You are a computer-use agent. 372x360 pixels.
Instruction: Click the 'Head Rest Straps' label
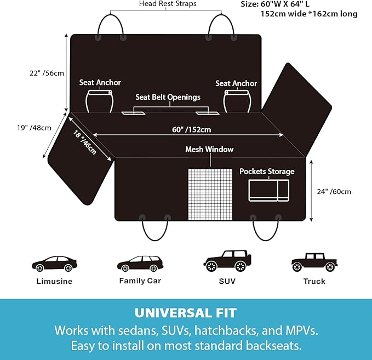(x=168, y=4)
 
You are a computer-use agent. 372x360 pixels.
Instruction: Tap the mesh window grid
(x=210, y=195)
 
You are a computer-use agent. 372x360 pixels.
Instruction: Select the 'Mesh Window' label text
(x=209, y=149)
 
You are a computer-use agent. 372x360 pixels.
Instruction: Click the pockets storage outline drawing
(x=269, y=190)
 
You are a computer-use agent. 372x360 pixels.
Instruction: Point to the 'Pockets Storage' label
(x=267, y=172)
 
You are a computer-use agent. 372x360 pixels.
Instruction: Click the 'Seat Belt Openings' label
(x=168, y=97)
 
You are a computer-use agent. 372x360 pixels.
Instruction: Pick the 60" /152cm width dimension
(x=191, y=129)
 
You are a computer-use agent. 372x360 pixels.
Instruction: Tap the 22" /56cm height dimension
(x=47, y=73)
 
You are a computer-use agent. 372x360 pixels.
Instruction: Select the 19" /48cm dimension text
(x=34, y=128)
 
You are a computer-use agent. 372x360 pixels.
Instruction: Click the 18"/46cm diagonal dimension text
(x=85, y=142)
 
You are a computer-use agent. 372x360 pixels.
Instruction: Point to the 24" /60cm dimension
(x=334, y=192)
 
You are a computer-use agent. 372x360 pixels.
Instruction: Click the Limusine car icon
(x=55, y=264)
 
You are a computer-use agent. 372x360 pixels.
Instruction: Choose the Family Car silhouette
(x=140, y=264)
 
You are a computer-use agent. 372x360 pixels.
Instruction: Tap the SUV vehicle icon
(x=227, y=261)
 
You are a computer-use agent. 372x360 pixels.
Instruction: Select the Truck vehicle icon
(x=314, y=262)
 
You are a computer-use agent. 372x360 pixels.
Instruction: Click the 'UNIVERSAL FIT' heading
(x=186, y=313)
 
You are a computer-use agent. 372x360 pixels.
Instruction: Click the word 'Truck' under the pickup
(x=314, y=281)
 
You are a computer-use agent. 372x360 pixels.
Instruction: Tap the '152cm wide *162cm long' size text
(x=309, y=14)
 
